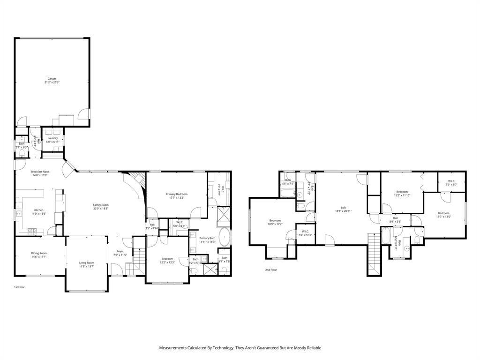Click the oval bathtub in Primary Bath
tap(225, 238)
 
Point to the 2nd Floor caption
tap(271, 270)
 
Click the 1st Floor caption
tap(19, 286)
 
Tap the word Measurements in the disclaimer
tap(174, 348)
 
